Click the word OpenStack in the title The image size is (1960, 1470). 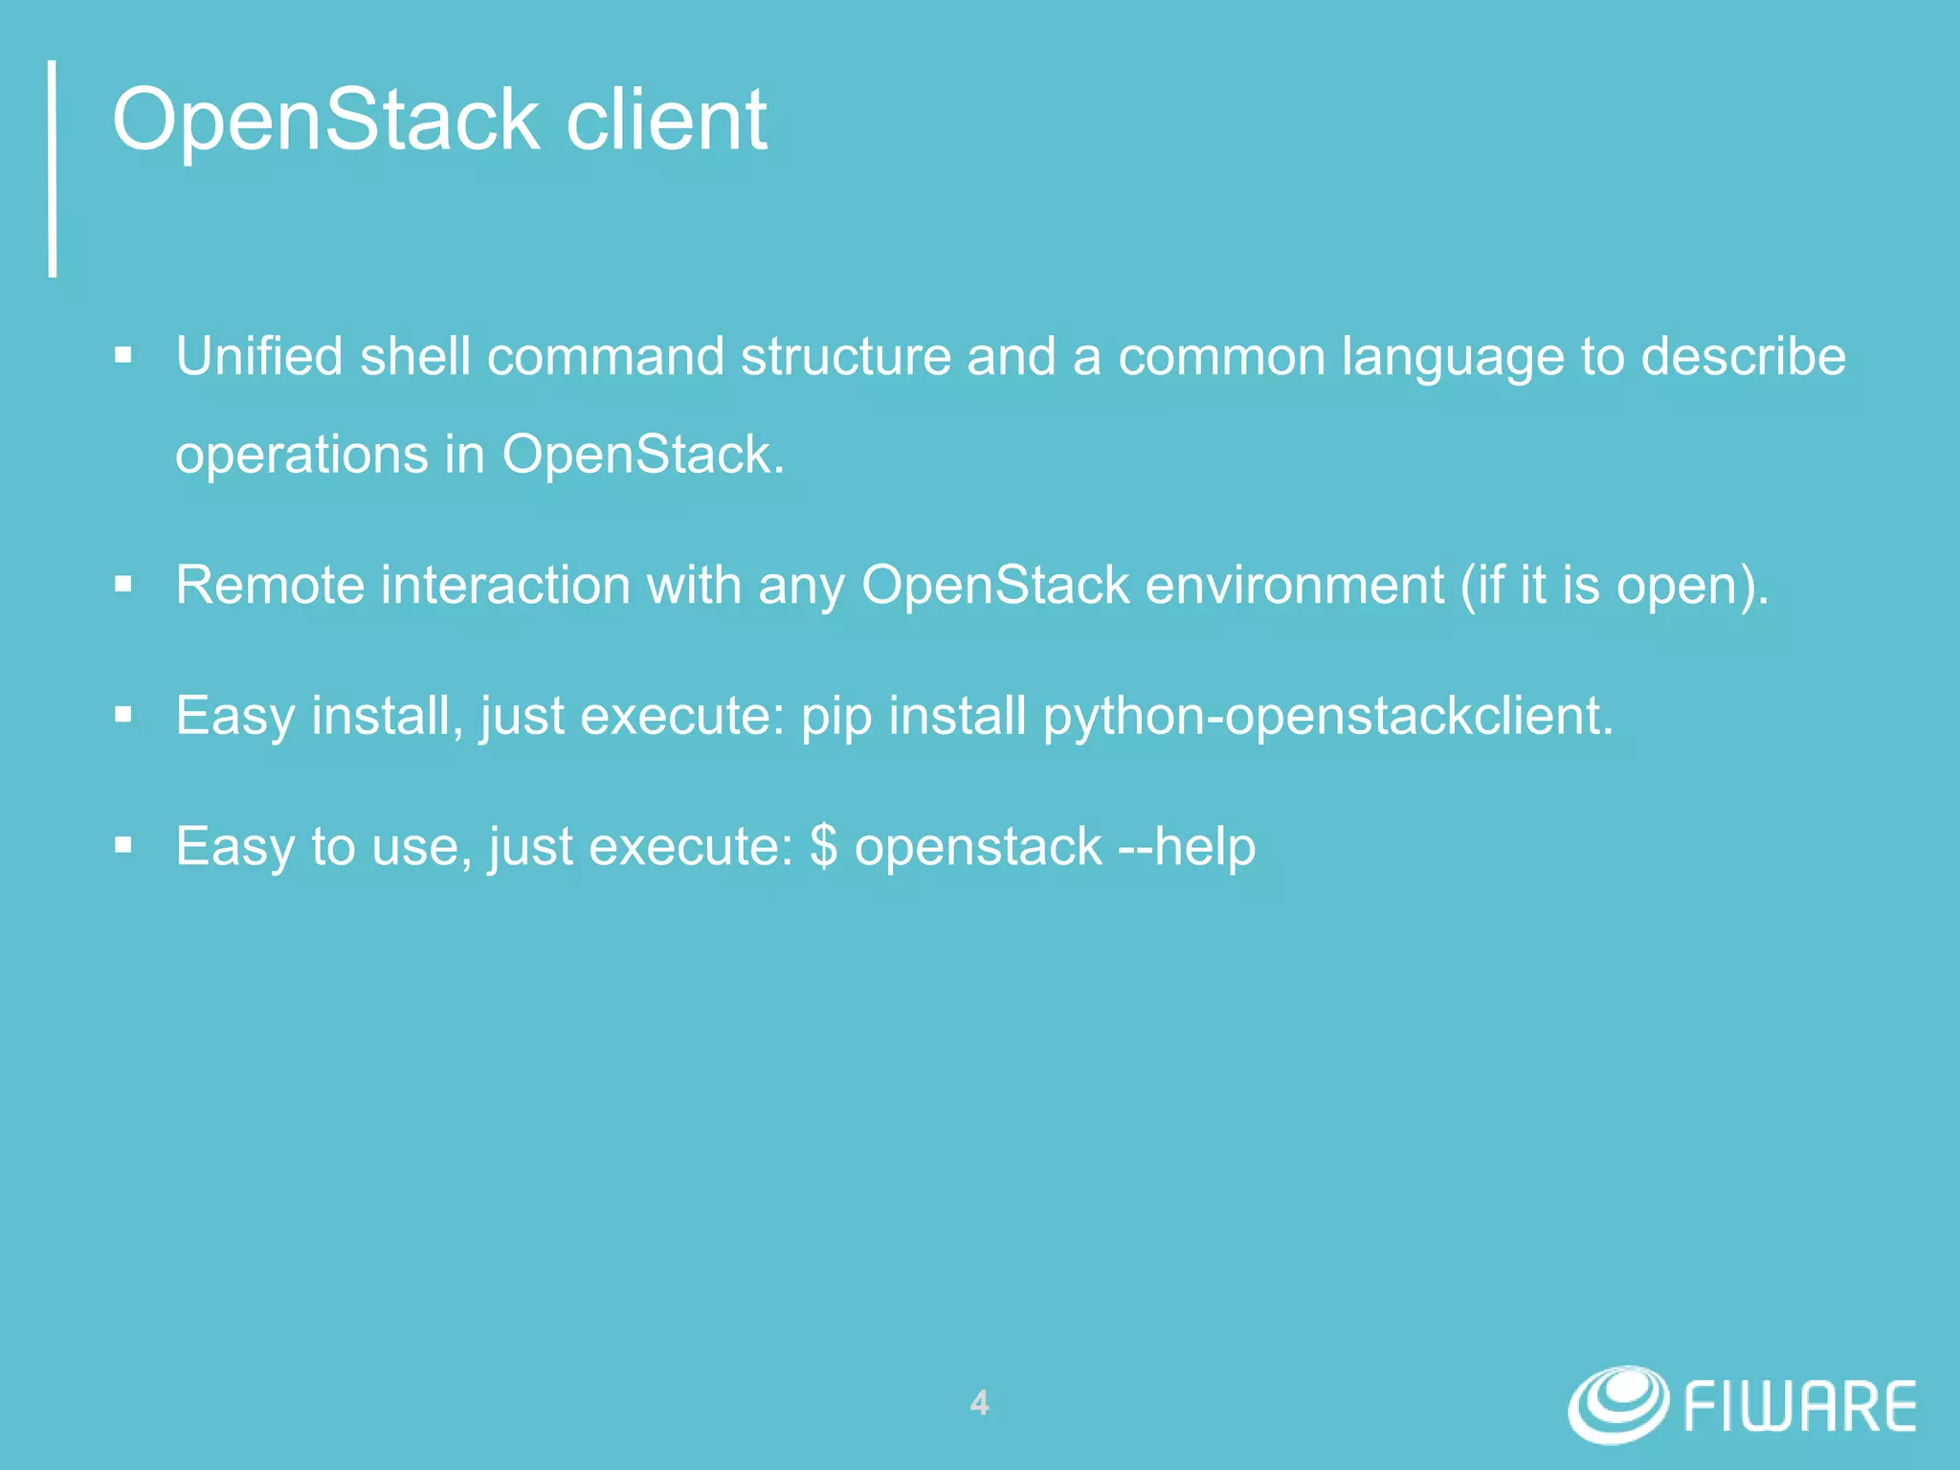pyautogui.click(x=325, y=121)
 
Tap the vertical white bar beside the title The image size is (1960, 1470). pyautogui.click(x=54, y=168)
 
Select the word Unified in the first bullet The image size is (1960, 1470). pyautogui.click(x=258, y=356)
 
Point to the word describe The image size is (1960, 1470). pyautogui.click(x=1743, y=356)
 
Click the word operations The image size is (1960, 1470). pyautogui.click(x=301, y=456)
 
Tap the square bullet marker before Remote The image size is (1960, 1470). pyautogui.click(x=122, y=584)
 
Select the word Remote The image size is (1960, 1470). pyautogui.click(x=269, y=585)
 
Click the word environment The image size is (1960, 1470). pyautogui.click(x=1294, y=585)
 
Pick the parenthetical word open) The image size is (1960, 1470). pyautogui.click(x=1692, y=587)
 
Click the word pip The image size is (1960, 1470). pyautogui.click(x=835, y=718)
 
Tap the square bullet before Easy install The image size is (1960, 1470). pyautogui.click(x=122, y=715)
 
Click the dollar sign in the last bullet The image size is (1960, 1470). pyautogui.click(x=823, y=847)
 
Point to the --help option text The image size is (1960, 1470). pyautogui.click(x=1187, y=847)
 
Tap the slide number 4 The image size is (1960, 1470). pyautogui.click(x=979, y=1403)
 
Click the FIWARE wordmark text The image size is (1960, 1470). pyautogui.click(x=1799, y=1407)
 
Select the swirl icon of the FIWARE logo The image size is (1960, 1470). pyautogui.click(x=1617, y=1404)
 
